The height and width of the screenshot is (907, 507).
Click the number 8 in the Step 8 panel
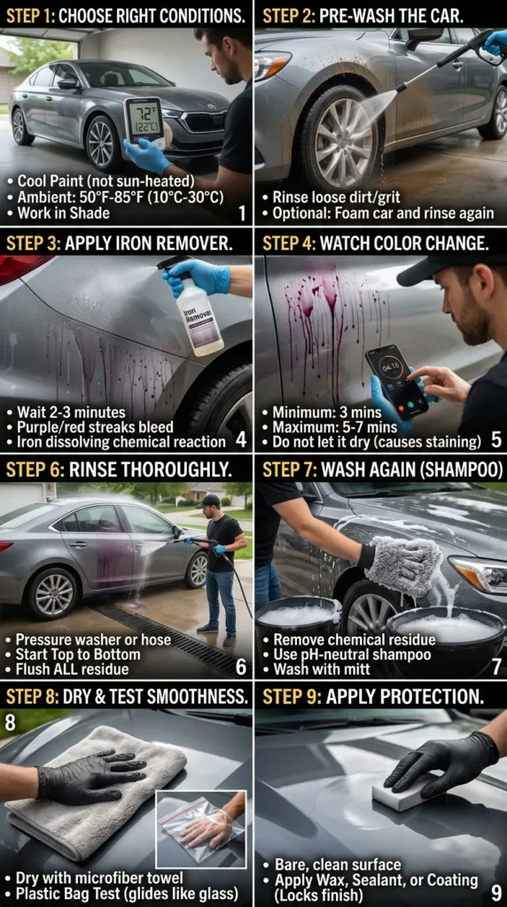coord(11,722)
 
